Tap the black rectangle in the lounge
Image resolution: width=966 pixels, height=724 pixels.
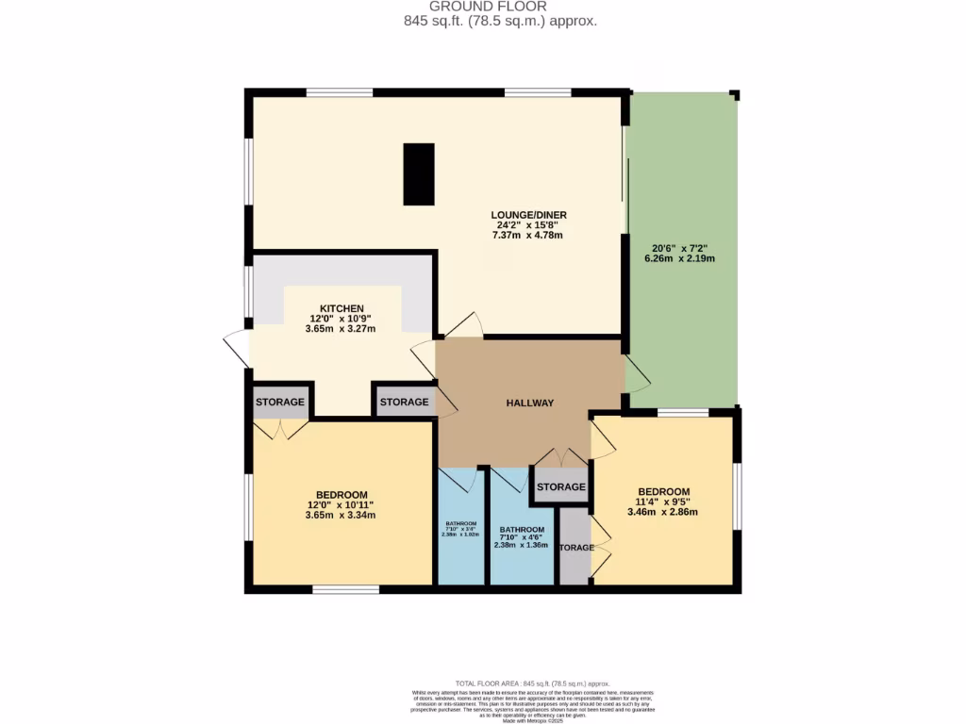coord(419,174)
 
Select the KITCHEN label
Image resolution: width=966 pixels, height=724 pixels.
coord(341,308)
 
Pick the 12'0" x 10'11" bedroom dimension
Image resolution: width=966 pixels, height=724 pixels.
coord(341,505)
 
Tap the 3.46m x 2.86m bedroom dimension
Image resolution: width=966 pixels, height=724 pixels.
coord(665,513)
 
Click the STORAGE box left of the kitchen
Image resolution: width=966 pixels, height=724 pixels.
coord(280,402)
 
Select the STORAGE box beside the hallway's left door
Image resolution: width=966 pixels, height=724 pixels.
coord(404,402)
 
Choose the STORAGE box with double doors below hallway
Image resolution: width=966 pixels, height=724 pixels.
coord(561,487)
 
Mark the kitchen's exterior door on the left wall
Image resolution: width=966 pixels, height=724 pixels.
coord(236,349)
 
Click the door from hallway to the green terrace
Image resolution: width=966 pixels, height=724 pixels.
coord(636,375)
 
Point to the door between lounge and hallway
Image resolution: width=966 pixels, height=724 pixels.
coord(463,325)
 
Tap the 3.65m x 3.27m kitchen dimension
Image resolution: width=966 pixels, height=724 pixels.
coord(341,329)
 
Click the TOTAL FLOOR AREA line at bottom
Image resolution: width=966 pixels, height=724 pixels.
coord(533,683)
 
